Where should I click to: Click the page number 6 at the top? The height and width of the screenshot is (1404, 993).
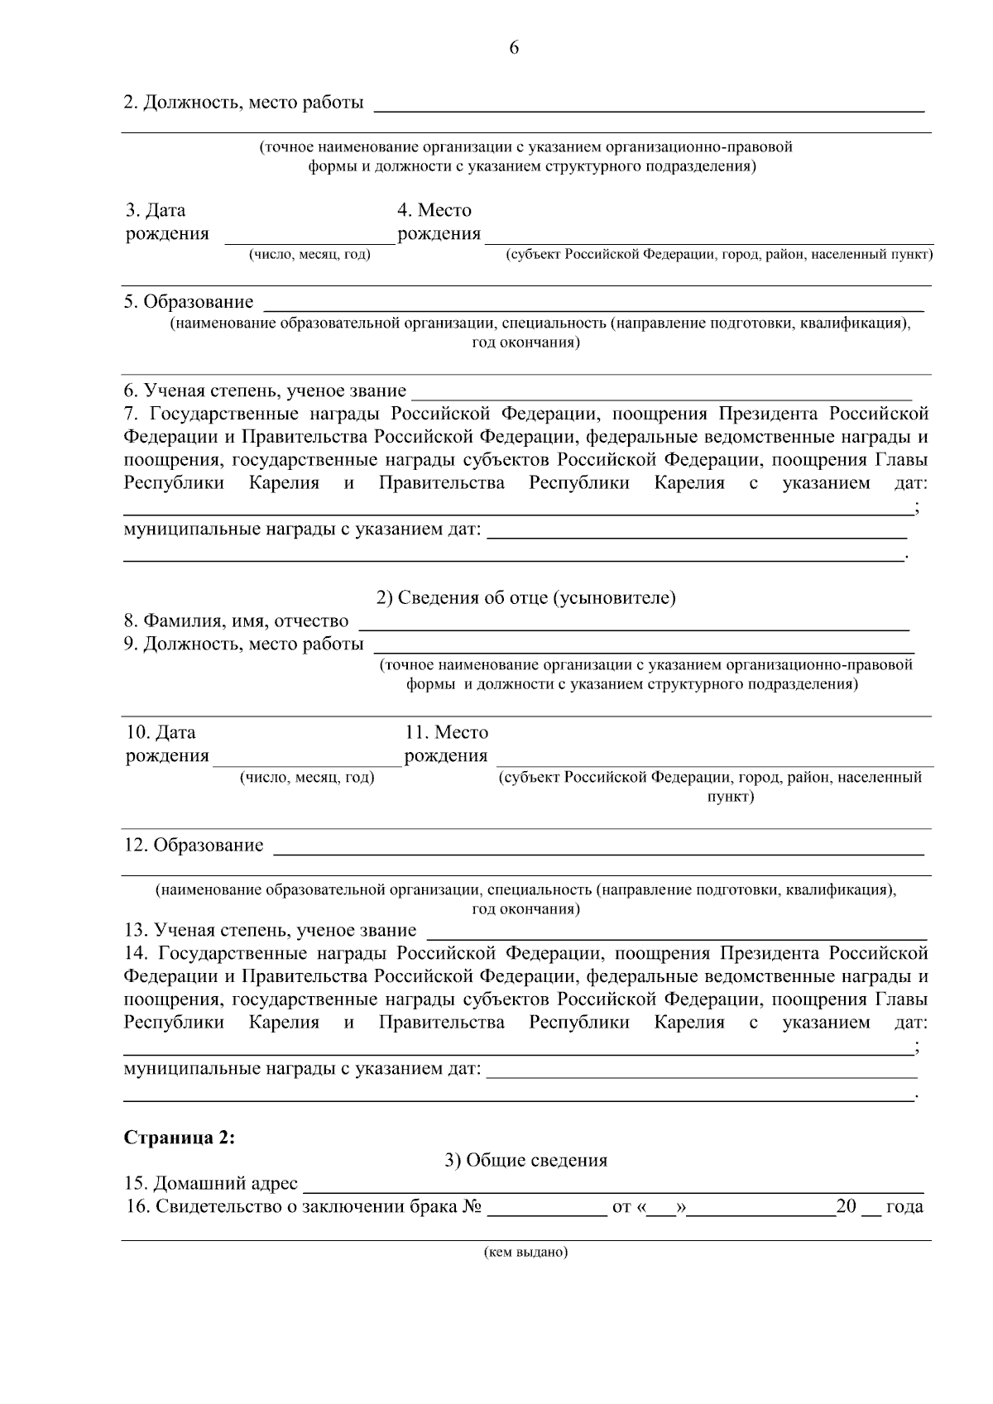(513, 48)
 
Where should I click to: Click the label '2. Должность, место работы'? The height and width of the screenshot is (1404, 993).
(243, 103)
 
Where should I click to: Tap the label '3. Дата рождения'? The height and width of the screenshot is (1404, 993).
(166, 222)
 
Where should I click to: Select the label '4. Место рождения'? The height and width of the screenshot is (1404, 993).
(438, 222)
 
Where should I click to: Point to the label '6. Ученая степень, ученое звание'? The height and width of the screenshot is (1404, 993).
(265, 390)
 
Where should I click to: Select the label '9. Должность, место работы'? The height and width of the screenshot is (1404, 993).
(243, 644)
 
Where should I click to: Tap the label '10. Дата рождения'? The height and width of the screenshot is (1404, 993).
(166, 744)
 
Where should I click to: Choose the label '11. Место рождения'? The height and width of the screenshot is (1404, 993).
(446, 744)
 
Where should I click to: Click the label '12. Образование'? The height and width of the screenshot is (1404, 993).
(194, 845)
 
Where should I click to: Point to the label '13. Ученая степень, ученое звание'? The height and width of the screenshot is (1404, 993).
(270, 930)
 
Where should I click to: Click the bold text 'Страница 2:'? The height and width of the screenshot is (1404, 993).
(180, 1137)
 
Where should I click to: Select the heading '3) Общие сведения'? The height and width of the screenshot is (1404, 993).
(526, 1160)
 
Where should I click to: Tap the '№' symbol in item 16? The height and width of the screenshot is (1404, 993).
(472, 1206)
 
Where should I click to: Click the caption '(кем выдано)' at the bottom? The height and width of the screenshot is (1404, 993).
(526, 1252)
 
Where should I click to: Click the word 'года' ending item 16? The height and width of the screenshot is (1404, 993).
(904, 1206)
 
